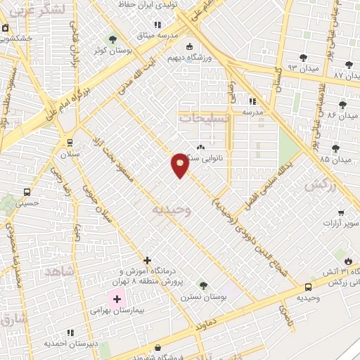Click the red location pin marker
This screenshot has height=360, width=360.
pos(180,165)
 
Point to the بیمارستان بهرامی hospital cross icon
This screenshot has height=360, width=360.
pos(117,300)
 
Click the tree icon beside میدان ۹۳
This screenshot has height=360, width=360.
pos(303,57)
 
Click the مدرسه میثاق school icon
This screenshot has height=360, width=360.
pos(167,25)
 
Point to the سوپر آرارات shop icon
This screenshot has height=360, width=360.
pos(341,212)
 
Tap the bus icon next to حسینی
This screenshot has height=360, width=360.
pos(27,192)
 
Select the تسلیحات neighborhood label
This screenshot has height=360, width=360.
pos(205,119)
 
